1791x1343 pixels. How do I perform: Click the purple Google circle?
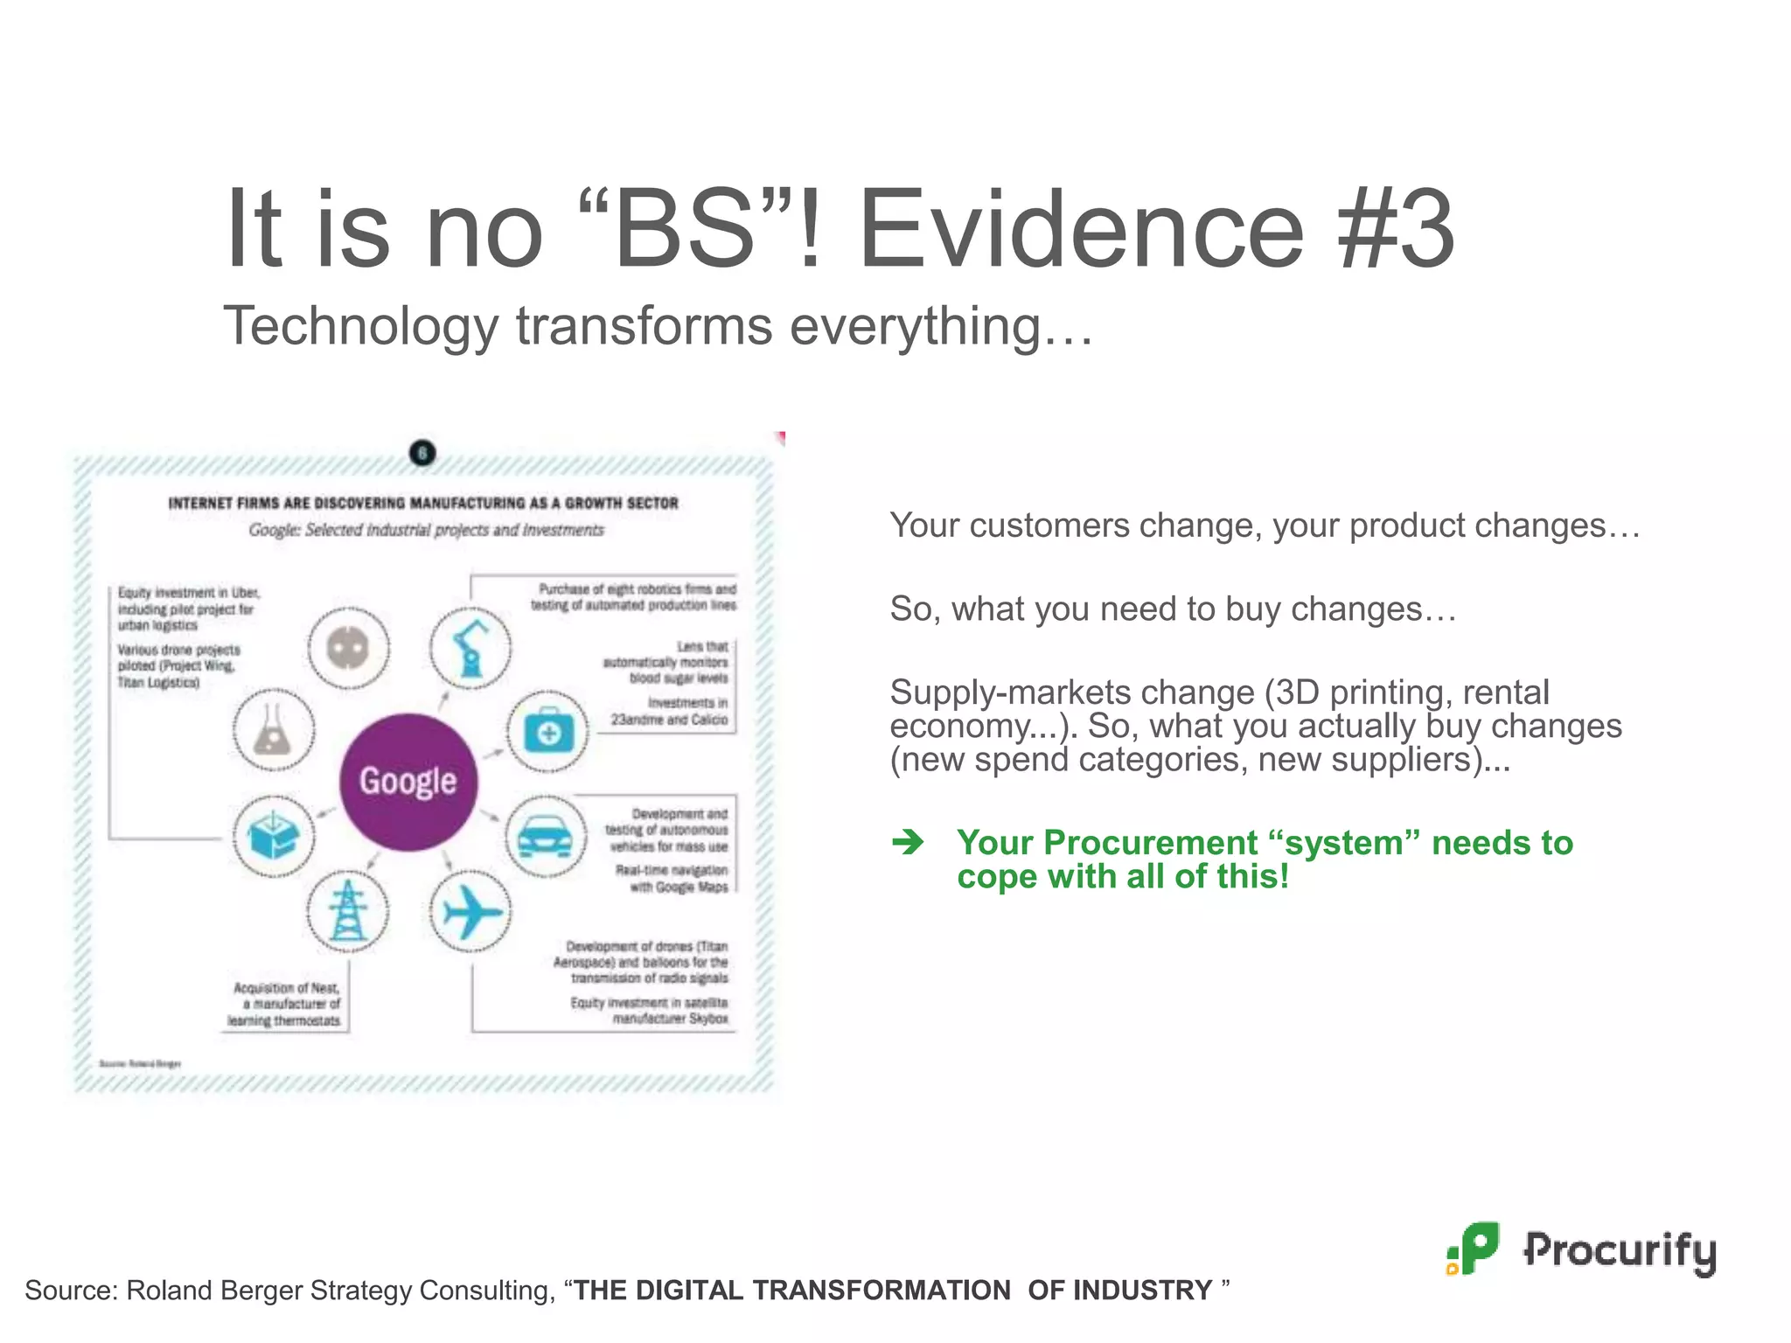coord(408,782)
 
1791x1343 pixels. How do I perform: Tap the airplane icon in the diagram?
coord(471,912)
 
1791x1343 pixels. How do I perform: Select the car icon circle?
coord(547,837)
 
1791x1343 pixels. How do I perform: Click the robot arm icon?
coord(470,649)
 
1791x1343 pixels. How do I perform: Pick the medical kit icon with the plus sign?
coord(548,732)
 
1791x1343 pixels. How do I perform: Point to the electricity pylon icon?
coord(348,912)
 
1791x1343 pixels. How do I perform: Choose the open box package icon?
coord(274,837)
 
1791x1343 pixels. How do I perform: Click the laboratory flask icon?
coord(273,731)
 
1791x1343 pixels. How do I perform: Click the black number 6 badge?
coord(422,453)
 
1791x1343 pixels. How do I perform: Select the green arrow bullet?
coord(908,843)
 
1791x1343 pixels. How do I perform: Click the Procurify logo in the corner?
coord(1581,1250)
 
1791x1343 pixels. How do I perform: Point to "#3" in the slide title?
coord(1396,230)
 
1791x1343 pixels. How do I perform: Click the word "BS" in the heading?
coord(685,230)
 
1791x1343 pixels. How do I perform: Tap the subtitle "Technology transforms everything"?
coord(657,326)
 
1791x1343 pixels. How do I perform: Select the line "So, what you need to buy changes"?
coord(1172,609)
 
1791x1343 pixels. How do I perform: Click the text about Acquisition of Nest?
coord(285,1004)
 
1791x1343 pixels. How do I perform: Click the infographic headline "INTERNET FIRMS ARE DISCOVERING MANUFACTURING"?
coord(423,503)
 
